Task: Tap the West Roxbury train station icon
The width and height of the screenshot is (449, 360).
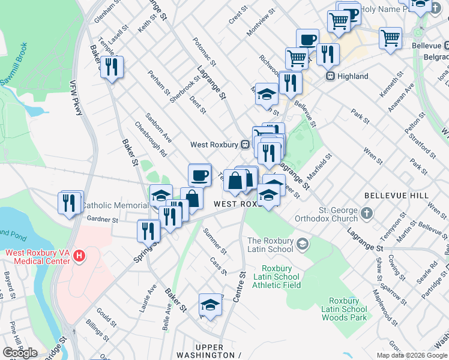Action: coord(245,145)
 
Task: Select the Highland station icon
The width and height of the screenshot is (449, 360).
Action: coord(330,76)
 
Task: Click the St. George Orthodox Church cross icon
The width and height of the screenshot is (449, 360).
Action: coord(366,213)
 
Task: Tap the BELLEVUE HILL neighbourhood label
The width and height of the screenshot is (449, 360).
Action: coord(396,196)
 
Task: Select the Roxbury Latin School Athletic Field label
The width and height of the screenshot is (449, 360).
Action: coord(280,277)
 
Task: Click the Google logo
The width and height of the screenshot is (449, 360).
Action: coord(20,353)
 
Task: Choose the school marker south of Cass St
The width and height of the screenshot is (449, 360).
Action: coord(210,305)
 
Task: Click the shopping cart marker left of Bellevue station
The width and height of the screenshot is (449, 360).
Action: coord(391,38)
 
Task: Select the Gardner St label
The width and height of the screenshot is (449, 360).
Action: coord(103,220)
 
